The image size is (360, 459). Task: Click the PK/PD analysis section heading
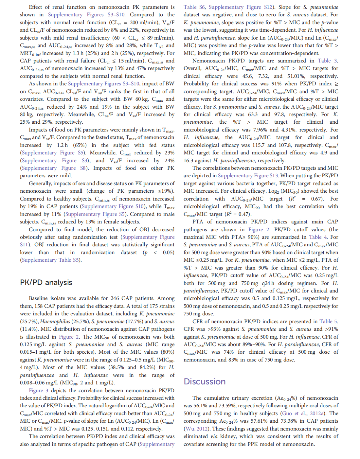46,282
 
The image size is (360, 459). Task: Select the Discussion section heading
205,381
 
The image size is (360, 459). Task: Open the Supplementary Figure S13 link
248,176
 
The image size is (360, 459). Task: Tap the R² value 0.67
316,199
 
